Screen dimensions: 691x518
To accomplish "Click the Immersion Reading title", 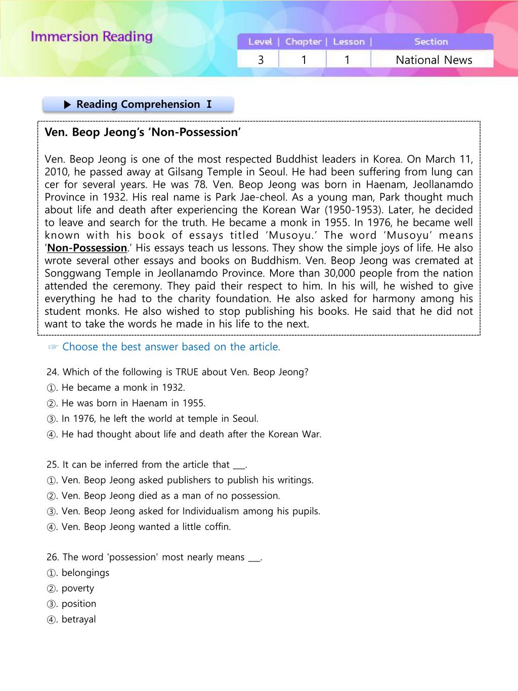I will (92, 37).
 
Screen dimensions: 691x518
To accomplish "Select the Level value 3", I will (261, 60).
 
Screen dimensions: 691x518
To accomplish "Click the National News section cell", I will (434, 60).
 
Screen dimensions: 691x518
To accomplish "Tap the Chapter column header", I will (303, 42).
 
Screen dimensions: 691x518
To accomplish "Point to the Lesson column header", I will (349, 42).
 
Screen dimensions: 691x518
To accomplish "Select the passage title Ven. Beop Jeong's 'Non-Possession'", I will (143, 132).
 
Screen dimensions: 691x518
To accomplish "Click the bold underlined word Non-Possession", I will (87, 248).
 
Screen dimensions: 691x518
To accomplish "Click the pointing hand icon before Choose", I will (53, 347).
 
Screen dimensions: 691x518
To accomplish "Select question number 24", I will (52, 372).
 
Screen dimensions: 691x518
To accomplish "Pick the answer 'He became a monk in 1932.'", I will (123, 388).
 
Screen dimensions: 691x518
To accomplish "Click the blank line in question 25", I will (238, 465).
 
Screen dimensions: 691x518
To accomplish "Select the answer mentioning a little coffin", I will (146, 527).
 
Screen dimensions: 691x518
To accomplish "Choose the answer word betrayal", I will (78, 620).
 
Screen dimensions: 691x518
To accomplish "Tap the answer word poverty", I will (77, 589).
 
